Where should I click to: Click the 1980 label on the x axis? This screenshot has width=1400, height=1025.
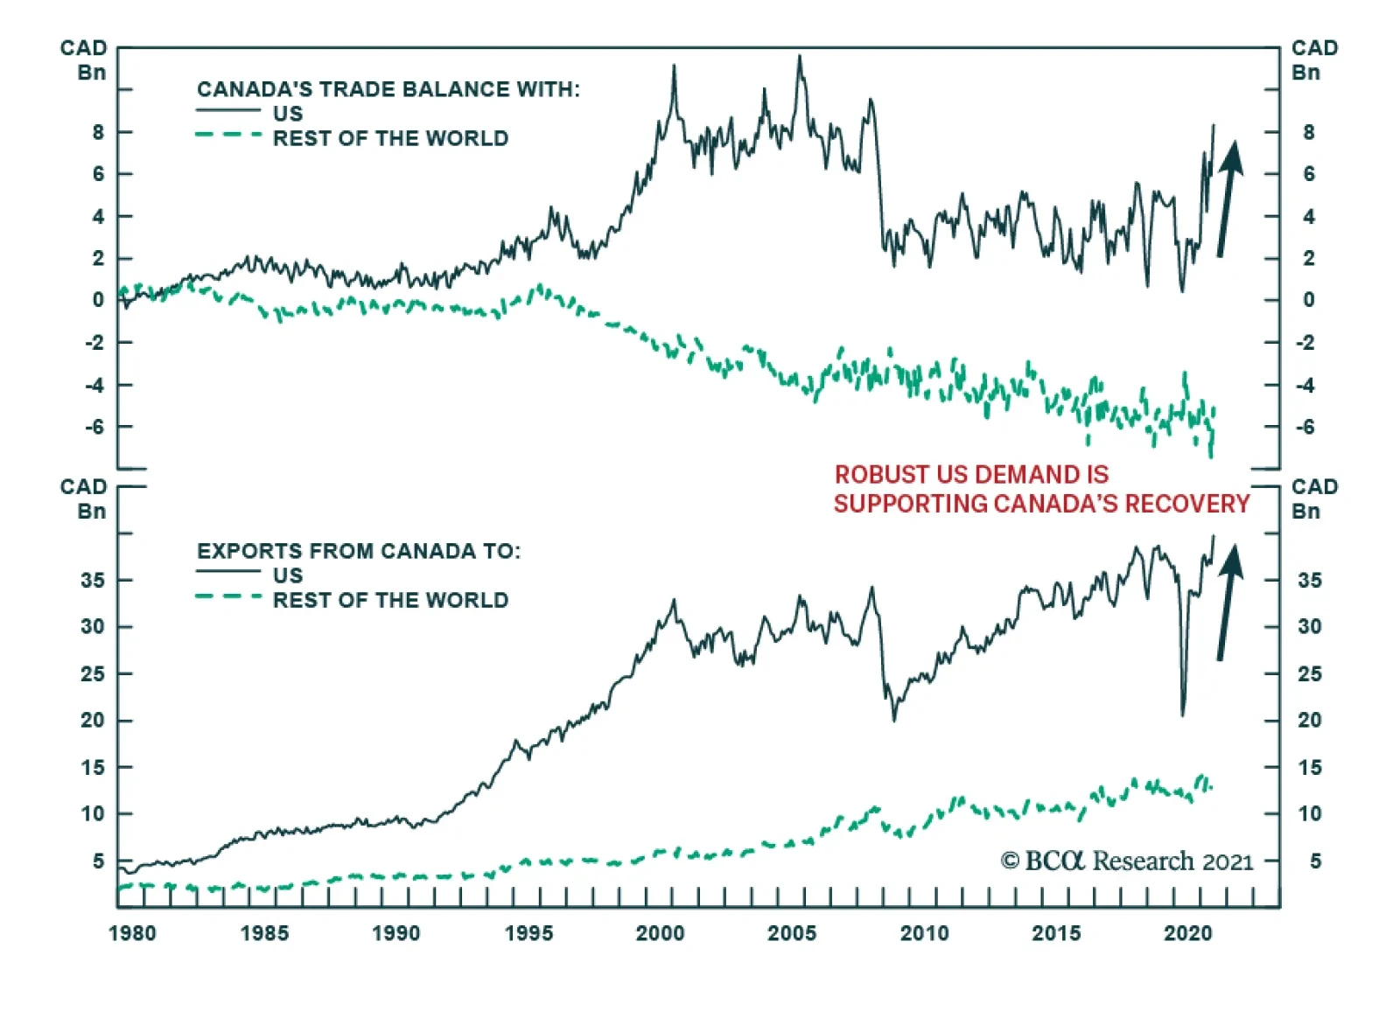tap(132, 933)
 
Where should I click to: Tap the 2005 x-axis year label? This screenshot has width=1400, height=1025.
tap(791, 933)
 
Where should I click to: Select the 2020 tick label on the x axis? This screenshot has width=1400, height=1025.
tap(1187, 933)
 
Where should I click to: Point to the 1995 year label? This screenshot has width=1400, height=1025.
tap(528, 933)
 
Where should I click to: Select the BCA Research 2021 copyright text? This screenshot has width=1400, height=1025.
tap(1127, 861)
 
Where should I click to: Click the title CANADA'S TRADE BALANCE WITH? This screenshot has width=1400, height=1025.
tap(388, 89)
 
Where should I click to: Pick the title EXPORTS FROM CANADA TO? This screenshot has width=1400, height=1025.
tap(358, 551)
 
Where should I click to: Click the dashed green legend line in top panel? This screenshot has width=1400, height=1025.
tap(228, 135)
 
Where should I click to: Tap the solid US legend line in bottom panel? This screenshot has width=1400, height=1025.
tap(228, 571)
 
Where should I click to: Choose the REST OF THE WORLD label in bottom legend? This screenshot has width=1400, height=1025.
tap(390, 600)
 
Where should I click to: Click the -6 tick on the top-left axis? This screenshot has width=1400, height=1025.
tap(94, 427)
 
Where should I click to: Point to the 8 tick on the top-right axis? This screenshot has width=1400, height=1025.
tap(1308, 132)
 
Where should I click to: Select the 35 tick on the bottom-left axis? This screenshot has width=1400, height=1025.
tap(93, 580)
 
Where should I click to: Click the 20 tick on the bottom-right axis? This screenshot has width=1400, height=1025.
tap(1309, 720)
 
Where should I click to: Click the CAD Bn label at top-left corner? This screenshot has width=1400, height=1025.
tap(84, 59)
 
